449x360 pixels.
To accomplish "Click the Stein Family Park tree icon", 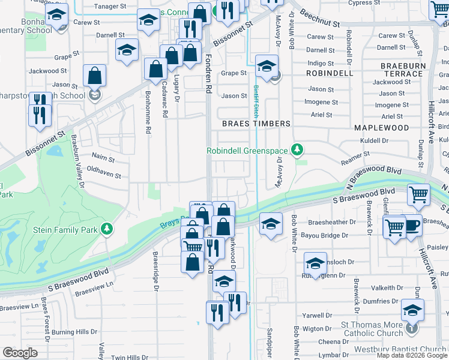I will pyautogui.click(x=106, y=229).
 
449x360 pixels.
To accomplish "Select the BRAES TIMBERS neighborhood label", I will pyautogui.click(x=256, y=124).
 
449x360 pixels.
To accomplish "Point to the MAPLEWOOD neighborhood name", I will pyautogui.click(x=381, y=128).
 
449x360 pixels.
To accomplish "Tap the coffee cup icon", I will pyautogui.click(x=412, y=226).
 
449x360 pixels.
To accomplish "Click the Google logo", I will pyautogui.click(x=20, y=353).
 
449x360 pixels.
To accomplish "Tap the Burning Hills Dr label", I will pyautogui.click(x=74, y=332).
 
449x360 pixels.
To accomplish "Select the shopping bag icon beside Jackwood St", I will pyautogui.click(x=95, y=76).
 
